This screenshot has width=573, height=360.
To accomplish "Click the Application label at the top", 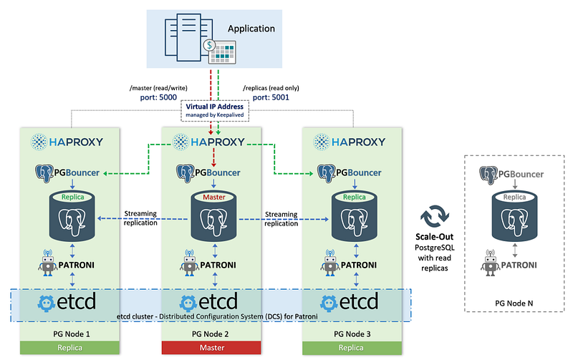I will coord(251,29).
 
